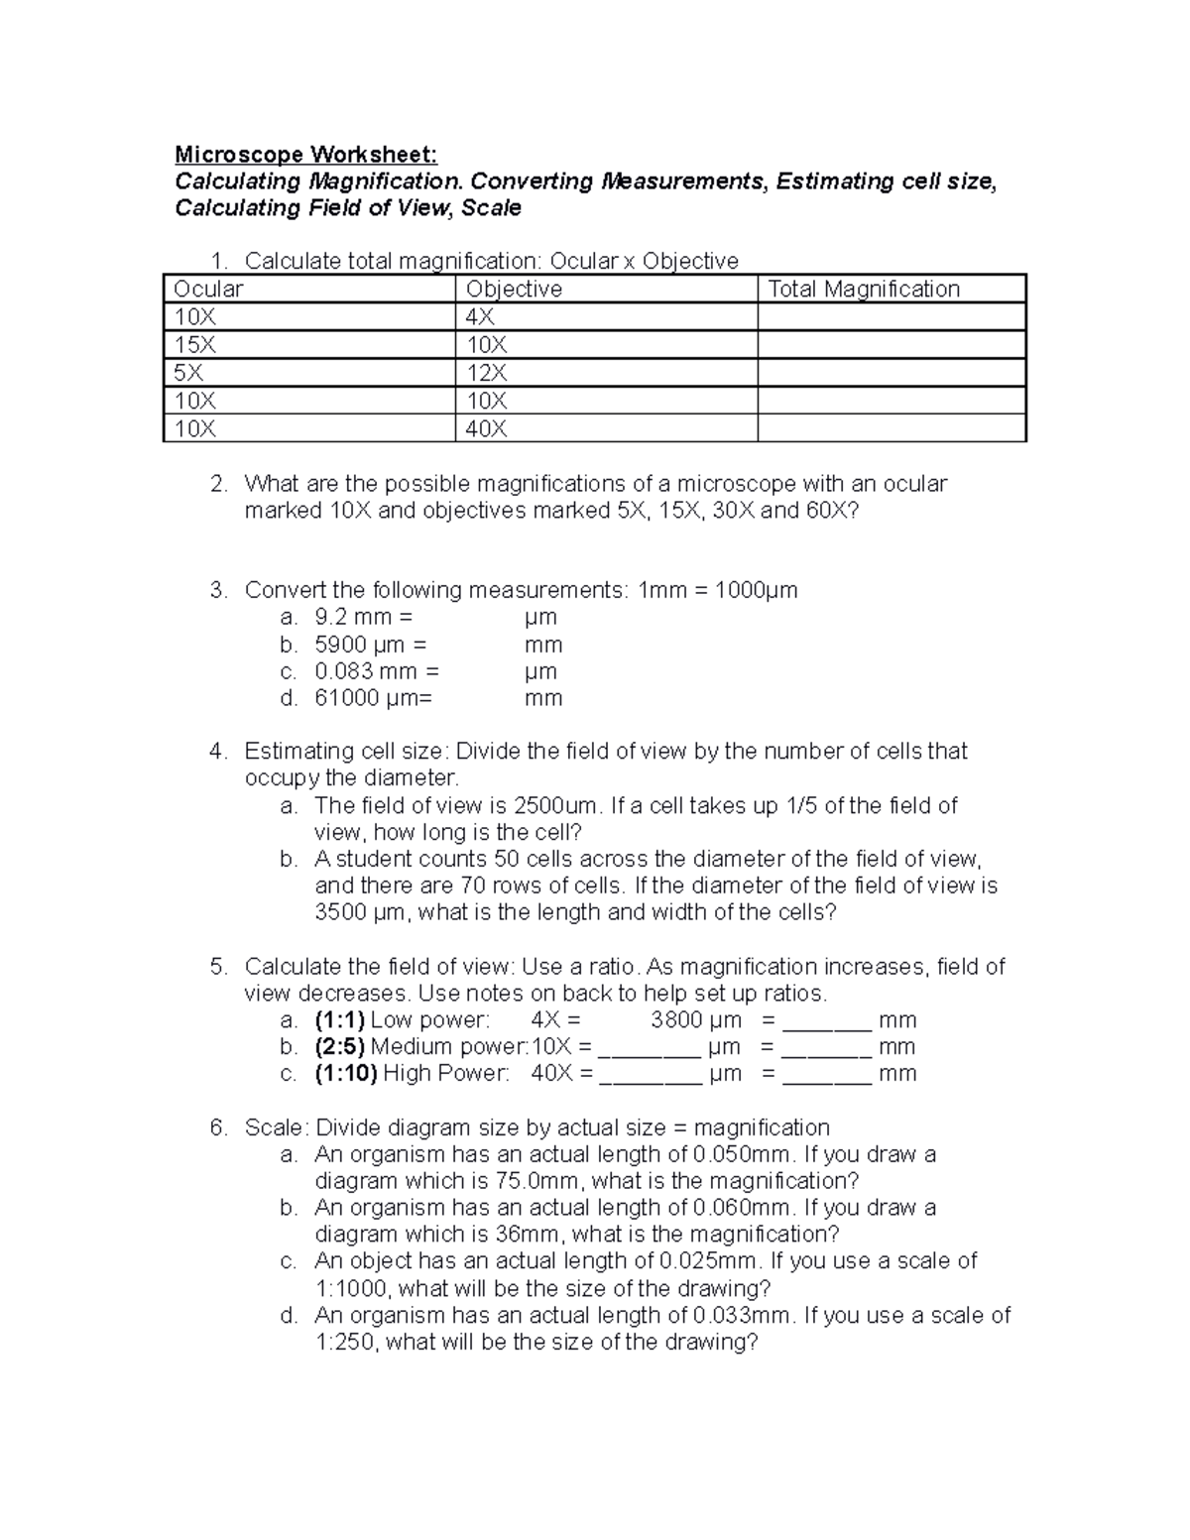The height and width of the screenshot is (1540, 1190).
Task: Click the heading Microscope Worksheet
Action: pyautogui.click(x=304, y=155)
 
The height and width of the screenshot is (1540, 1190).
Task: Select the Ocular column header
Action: pyautogui.click(x=208, y=289)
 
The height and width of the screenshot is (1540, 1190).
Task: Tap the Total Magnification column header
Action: pyautogui.click(x=863, y=289)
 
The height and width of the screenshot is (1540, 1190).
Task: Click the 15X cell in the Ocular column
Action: pyautogui.click(x=194, y=345)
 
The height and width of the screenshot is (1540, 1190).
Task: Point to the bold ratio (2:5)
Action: pyautogui.click(x=340, y=1046)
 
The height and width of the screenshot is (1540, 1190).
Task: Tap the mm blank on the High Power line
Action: pyautogui.click(x=827, y=1075)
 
